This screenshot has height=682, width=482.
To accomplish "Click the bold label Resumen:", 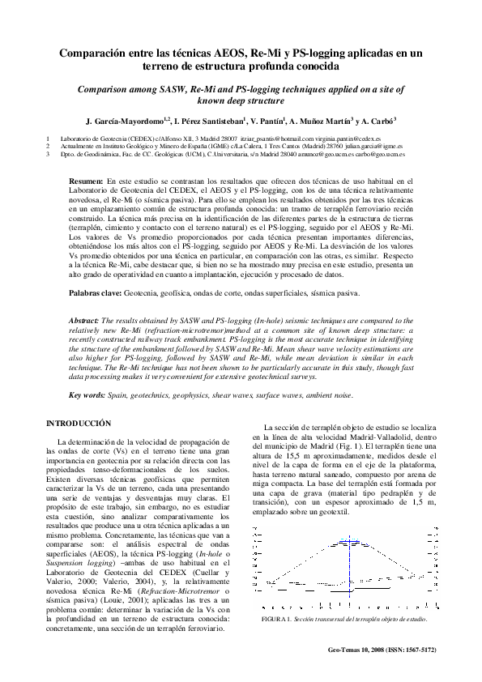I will (x=86, y=181).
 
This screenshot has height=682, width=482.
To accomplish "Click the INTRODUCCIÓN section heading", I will (x=77, y=424).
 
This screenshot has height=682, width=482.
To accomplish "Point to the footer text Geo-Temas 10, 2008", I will (x=360, y=649).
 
